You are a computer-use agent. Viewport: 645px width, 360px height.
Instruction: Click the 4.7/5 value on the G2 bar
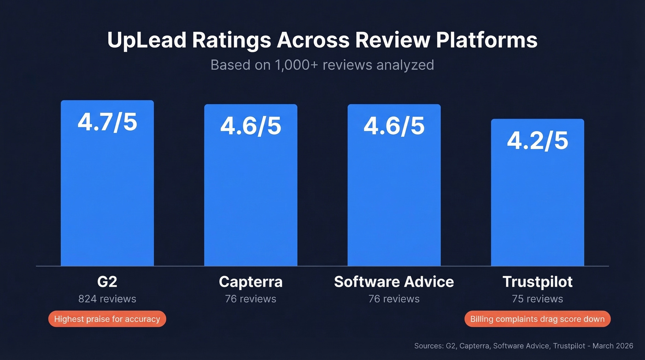107,122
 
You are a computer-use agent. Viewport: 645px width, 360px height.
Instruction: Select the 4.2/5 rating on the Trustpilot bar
537,141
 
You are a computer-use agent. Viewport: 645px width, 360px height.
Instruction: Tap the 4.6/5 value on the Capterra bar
251,126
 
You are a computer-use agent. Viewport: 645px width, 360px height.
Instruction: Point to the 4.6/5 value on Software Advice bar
394,126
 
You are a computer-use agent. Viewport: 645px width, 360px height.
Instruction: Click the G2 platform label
107,282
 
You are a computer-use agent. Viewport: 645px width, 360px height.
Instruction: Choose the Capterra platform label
251,282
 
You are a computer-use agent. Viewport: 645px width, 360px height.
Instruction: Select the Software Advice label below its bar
394,282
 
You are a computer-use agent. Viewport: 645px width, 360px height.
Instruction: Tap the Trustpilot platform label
537,282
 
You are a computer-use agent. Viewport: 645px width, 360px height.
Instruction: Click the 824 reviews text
107,299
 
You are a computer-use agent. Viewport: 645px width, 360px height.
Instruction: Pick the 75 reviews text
537,299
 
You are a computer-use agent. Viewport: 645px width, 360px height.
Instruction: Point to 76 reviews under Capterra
251,299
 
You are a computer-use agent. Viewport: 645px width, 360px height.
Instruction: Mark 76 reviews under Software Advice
394,299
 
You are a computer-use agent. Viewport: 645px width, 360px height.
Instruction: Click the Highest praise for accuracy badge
107,319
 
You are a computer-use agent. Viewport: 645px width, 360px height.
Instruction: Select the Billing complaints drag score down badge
537,319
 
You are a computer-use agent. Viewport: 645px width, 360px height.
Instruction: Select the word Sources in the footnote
428,346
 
